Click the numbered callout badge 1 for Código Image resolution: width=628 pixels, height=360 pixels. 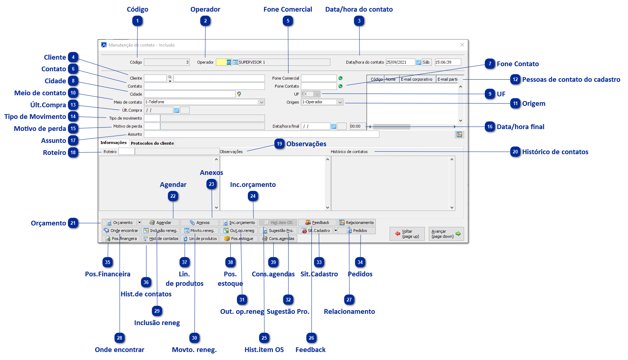tap(137, 21)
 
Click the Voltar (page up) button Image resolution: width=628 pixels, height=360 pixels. tap(407, 234)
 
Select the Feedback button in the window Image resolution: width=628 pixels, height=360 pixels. tap(317, 223)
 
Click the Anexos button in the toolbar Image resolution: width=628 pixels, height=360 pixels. tap(200, 223)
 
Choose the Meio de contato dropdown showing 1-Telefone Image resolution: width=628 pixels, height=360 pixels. tap(204, 102)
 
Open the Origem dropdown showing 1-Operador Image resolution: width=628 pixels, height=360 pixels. tap(322, 102)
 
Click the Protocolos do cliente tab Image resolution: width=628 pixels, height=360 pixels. tap(152, 143)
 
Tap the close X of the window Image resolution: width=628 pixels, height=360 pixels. tap(462, 45)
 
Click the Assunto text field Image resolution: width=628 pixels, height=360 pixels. tap(261, 135)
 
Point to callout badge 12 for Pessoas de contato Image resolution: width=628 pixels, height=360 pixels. tap(515, 80)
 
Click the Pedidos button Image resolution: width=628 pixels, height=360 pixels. tap(357, 231)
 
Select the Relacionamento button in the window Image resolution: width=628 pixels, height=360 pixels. tap(357, 223)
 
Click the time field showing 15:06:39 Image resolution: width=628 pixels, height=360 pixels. tap(448, 62)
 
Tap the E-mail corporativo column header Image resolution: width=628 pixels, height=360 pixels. tap(417, 79)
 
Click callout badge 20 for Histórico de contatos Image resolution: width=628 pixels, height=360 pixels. tap(515, 152)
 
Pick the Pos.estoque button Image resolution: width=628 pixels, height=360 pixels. tap(239, 239)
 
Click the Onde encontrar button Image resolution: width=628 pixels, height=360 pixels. tap(121, 231)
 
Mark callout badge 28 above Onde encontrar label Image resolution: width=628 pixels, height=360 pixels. tap(120, 338)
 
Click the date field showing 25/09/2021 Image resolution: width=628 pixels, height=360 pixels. tap(400, 62)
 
